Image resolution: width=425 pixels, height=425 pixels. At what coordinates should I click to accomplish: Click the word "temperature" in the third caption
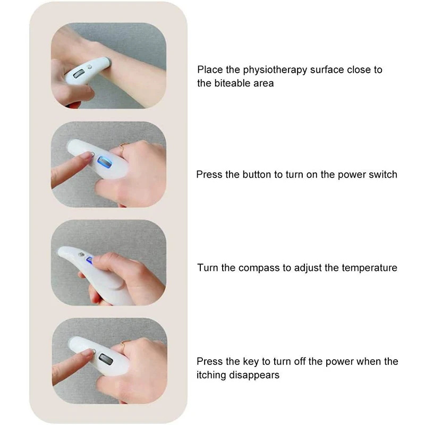pos(368,268)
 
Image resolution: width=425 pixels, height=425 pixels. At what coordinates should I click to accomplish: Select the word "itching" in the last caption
pos(212,375)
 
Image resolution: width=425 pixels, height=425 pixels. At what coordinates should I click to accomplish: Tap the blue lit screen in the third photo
pos(90,261)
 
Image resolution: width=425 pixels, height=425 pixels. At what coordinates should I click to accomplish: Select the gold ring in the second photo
pos(122,148)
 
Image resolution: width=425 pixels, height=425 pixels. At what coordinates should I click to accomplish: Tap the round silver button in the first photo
pos(90,68)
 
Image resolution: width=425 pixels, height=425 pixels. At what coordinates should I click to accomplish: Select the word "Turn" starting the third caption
pos(208,268)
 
